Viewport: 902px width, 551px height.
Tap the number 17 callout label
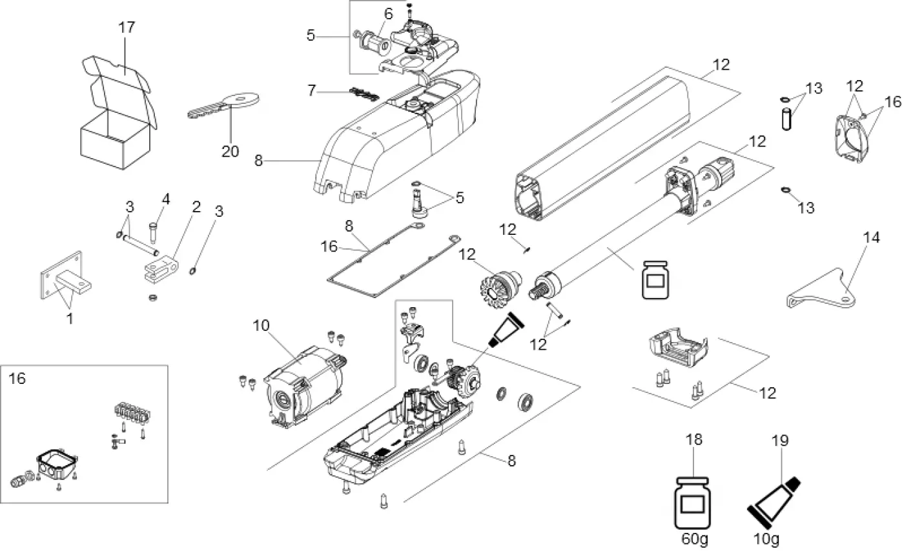[x=126, y=28]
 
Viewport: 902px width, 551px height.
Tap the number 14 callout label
[x=871, y=237]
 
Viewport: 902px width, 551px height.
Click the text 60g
[x=693, y=538]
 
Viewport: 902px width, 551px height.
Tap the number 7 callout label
[x=312, y=91]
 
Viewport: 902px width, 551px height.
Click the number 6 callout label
[x=388, y=14]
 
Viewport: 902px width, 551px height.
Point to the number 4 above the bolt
[x=166, y=199]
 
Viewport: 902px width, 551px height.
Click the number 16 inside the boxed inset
[x=17, y=379]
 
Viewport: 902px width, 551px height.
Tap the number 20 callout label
[x=231, y=152]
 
